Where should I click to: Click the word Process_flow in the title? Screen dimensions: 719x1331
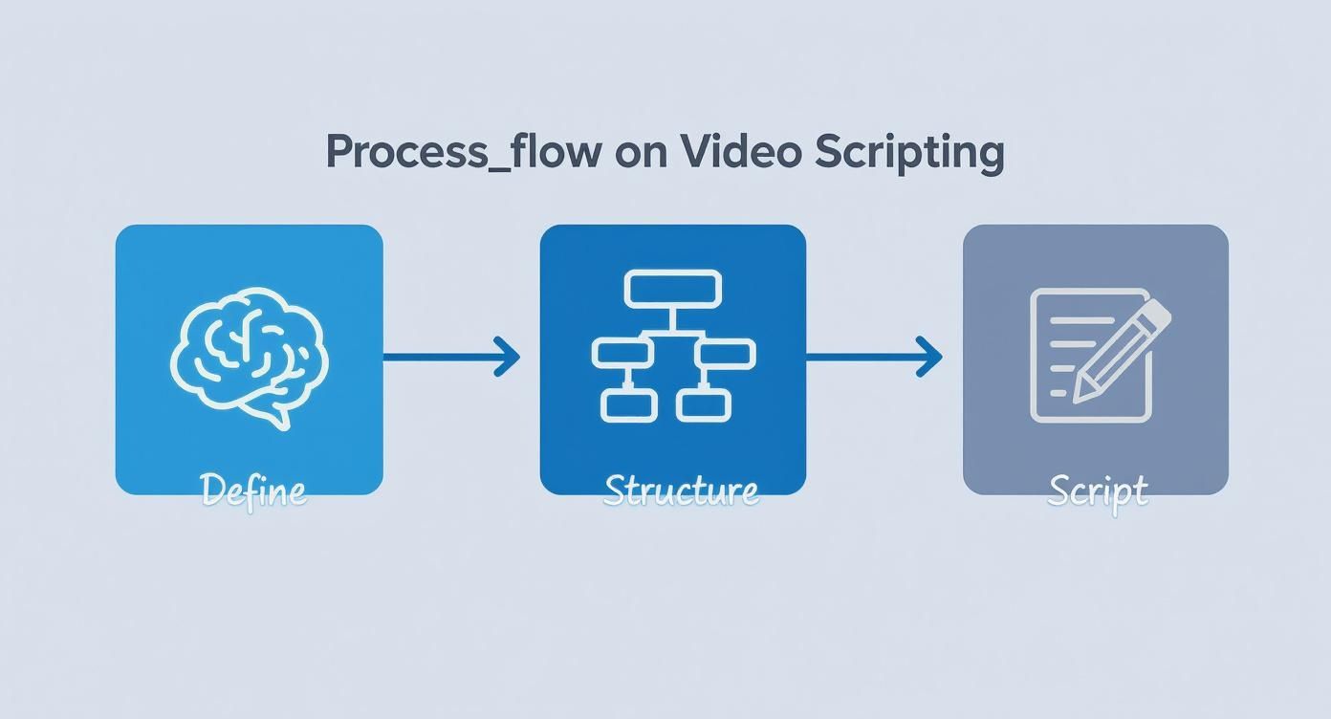point(464,152)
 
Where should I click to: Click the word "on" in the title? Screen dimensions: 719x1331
point(643,153)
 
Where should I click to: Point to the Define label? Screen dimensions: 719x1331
point(254,490)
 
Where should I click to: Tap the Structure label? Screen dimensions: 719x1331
point(682,490)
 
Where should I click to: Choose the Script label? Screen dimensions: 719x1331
point(1097,491)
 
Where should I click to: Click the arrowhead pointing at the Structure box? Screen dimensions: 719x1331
point(509,357)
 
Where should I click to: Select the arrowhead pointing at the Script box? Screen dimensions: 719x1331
point(931,357)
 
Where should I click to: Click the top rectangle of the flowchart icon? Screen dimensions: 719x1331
point(672,289)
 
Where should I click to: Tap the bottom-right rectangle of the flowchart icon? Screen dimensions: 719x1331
point(704,403)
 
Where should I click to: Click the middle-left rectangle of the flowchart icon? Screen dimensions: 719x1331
point(622,353)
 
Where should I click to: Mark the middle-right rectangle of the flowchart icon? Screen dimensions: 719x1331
point(727,353)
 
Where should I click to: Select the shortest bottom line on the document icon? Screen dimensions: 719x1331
point(1058,393)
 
